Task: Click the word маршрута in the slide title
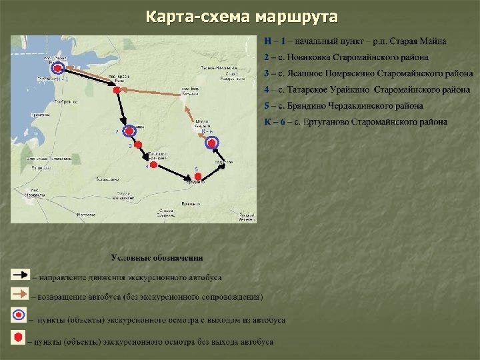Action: coord(295,15)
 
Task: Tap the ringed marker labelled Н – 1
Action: coord(58,68)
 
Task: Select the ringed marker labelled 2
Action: coord(130,129)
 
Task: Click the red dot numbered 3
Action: coord(138,145)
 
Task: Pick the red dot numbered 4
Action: coord(153,165)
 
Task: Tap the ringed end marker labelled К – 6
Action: coord(213,142)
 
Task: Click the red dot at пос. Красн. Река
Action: coord(116,89)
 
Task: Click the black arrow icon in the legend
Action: coord(19,274)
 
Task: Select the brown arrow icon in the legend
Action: coord(19,293)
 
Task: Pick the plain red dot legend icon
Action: coord(18,337)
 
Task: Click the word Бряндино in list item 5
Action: coord(299,105)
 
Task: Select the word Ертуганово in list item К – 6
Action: coord(327,121)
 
